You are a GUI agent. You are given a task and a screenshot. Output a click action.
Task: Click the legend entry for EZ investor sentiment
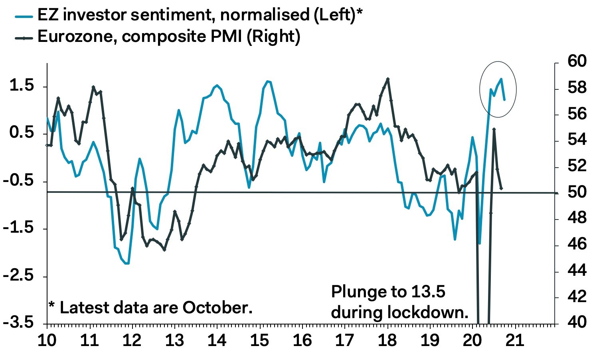click(x=200, y=15)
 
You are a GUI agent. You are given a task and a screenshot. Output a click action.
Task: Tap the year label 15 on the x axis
click(x=260, y=340)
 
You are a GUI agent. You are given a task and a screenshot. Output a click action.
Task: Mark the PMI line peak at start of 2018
click(x=388, y=79)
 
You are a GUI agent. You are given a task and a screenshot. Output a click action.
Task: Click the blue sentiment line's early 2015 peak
click(x=267, y=81)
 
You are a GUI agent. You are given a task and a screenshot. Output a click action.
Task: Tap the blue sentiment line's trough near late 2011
click(x=127, y=263)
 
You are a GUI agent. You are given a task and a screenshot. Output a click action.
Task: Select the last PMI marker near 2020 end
click(x=501, y=188)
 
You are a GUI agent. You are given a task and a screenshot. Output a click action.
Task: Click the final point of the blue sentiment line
click(x=504, y=99)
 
